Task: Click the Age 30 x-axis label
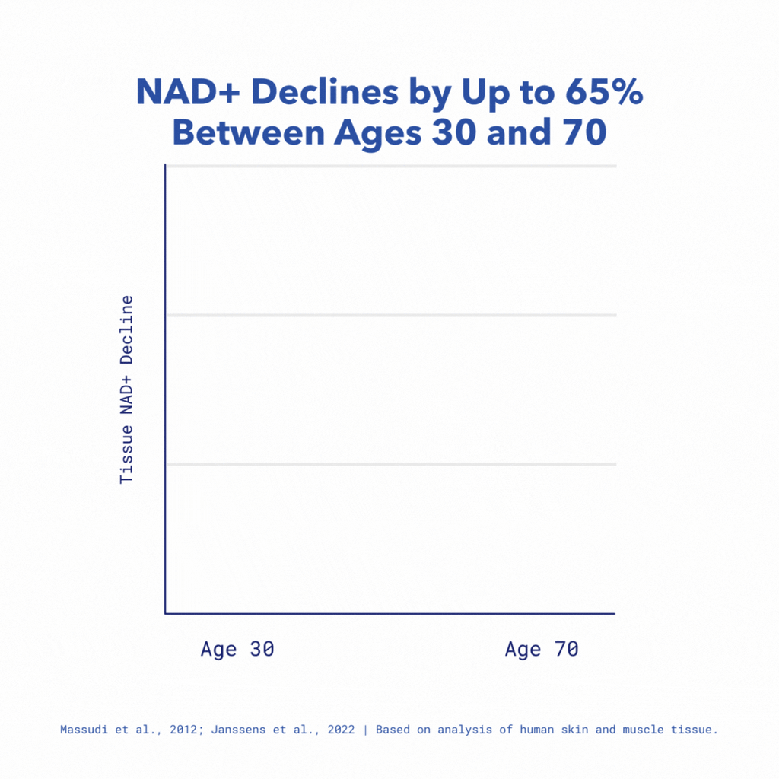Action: pyautogui.click(x=237, y=650)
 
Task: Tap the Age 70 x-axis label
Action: pyautogui.click(x=542, y=650)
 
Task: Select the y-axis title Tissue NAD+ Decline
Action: pyautogui.click(x=126, y=389)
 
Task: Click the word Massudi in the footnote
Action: pyautogui.click(x=83, y=730)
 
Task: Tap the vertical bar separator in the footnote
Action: pyautogui.click(x=365, y=730)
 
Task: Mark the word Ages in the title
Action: pyautogui.click(x=376, y=132)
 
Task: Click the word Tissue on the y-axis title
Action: pyautogui.click(x=126, y=456)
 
